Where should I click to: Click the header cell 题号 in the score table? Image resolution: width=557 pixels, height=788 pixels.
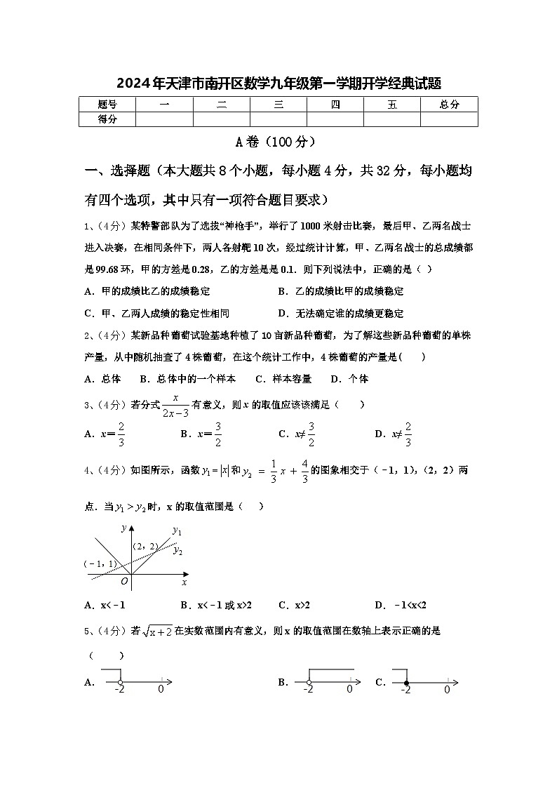(107, 105)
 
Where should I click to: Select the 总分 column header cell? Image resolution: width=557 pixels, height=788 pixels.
(449, 105)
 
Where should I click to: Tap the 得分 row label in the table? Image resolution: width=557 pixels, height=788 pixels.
(107, 119)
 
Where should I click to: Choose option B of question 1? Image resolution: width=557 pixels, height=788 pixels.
(341, 291)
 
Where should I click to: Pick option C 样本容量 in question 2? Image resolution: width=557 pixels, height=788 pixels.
(283, 379)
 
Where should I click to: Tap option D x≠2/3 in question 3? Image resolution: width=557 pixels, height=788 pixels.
(393, 434)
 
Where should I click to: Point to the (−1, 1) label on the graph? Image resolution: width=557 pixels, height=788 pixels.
(100, 563)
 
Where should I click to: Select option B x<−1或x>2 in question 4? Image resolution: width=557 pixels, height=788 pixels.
(216, 605)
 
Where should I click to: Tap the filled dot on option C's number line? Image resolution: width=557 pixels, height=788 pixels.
(406, 683)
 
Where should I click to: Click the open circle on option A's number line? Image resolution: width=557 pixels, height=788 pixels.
(120, 683)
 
